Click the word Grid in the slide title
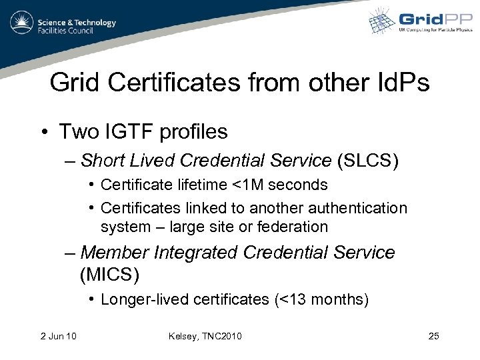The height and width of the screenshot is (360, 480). coord(74,83)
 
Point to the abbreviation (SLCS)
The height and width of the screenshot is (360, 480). coord(368,160)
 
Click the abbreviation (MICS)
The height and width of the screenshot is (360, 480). coord(111,273)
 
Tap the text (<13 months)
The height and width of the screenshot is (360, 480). coord(321,299)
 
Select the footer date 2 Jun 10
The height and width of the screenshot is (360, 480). coord(57,335)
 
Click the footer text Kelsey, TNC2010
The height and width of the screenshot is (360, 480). coord(205,335)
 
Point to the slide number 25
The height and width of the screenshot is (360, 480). coord(433,335)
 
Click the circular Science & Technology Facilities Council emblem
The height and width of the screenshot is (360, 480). coord(21,23)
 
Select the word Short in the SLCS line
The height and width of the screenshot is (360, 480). coord(102,160)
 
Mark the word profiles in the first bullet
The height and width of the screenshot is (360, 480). coord(193,131)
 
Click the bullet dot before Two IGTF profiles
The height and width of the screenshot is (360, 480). coord(41,132)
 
